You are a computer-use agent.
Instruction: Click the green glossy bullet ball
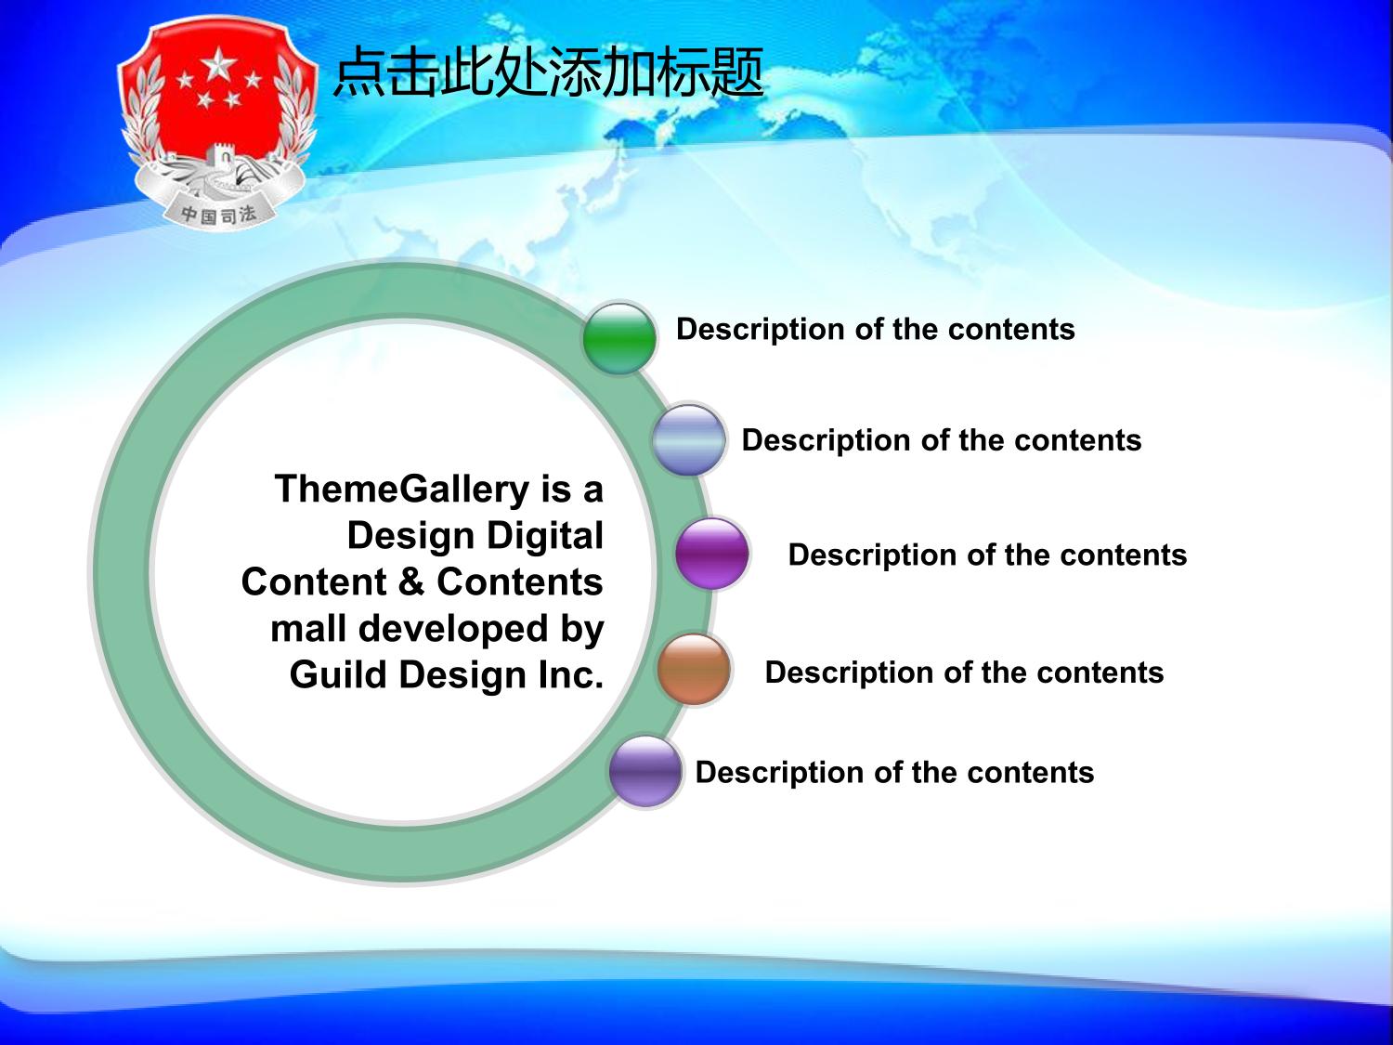pos(618,338)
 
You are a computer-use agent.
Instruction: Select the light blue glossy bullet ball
pos(688,440)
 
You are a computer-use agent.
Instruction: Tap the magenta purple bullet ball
pos(712,554)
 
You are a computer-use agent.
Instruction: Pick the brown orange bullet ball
pos(694,670)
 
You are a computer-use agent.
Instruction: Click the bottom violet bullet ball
pos(645,772)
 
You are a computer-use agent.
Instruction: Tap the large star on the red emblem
pos(219,65)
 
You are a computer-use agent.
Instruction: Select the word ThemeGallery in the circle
pos(402,490)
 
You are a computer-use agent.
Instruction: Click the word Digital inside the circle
pos(545,537)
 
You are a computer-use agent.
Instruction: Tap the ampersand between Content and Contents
pos(411,581)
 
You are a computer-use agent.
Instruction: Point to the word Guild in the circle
pos(338,673)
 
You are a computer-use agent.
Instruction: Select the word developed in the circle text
pos(453,629)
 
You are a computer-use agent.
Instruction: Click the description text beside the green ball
pos(876,330)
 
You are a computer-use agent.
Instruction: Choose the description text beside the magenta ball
pos(987,555)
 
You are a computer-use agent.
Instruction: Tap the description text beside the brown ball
pos(965,673)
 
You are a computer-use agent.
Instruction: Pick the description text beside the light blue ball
pos(942,440)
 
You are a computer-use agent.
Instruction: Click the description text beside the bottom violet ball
pos(895,773)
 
